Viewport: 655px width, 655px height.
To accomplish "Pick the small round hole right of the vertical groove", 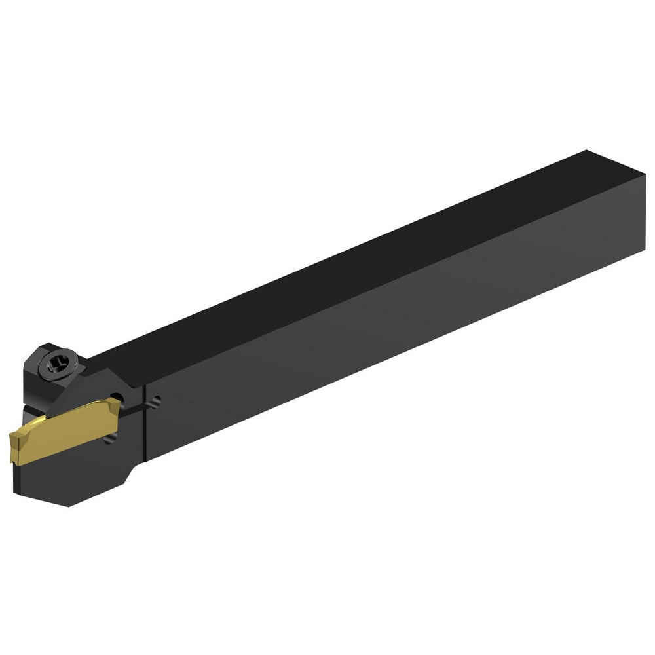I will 155,402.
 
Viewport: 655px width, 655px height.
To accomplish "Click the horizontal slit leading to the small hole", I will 134,409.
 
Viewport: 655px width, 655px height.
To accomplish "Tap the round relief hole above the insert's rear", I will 116,398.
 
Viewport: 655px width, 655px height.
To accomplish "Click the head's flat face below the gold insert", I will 72,468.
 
